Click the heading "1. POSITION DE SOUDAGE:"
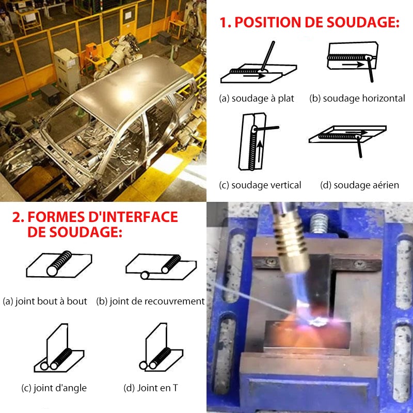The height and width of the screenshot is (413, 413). point(309,22)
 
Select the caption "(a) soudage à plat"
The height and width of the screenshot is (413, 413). point(256,98)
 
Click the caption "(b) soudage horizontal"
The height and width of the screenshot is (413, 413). point(357,98)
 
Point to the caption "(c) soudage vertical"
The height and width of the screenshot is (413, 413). point(260,185)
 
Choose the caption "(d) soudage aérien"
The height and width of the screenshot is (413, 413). point(359,185)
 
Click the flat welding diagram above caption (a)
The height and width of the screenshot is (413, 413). point(258,70)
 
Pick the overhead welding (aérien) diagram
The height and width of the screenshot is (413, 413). point(347,136)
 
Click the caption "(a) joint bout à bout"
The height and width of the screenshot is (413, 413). point(45,301)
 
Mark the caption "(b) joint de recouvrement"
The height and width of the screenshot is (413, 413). point(150,301)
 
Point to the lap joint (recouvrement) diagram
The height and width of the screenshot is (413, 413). point(161,265)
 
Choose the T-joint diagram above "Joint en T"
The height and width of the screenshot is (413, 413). point(161,351)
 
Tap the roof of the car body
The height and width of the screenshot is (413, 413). point(129,83)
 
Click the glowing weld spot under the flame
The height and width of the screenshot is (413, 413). point(316,323)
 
